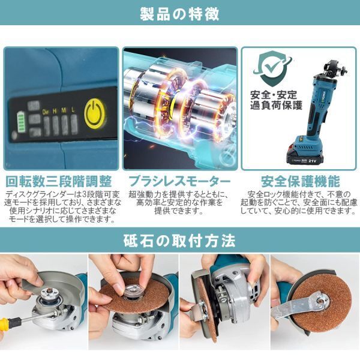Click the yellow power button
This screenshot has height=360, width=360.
pyautogui.click(x=95, y=114)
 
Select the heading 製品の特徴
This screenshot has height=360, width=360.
pyautogui.click(x=180, y=14)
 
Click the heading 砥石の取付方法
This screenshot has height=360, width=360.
pyautogui.click(x=179, y=241)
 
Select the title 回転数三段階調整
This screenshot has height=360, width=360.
pyautogui.click(x=59, y=182)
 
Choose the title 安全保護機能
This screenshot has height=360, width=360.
pyautogui.click(x=301, y=182)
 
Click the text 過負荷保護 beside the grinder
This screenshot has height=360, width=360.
pyautogui.click(x=276, y=106)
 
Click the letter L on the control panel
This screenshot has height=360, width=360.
pyautogui.click(x=73, y=110)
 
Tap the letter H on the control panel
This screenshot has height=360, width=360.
pyautogui.click(x=55, y=111)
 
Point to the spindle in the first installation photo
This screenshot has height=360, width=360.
pyautogui.click(x=48, y=295)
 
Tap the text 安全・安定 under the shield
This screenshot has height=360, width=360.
pyautogui.click(x=274, y=95)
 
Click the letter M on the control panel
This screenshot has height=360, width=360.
pyautogui.click(x=64, y=111)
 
